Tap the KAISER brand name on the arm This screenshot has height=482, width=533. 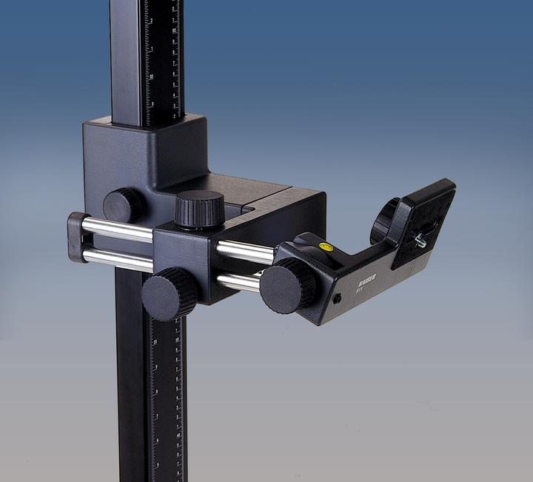366,279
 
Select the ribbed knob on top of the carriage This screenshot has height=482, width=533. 200,210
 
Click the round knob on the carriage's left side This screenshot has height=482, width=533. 123,205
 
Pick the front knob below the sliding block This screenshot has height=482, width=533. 169,293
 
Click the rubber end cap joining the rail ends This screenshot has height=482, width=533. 77,237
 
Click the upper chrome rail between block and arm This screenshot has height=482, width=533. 245,252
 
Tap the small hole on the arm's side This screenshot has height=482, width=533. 337,298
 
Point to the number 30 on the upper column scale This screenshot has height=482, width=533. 151,76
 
